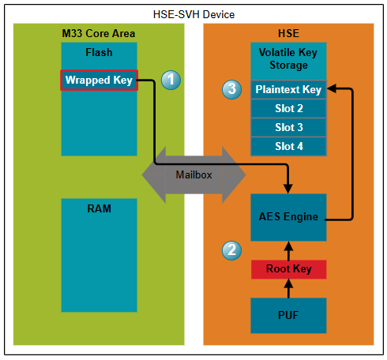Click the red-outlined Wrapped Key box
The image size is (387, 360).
(99, 81)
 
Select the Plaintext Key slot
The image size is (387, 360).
(288, 89)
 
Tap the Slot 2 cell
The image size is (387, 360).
(288, 108)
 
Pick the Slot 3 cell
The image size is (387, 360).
(288, 127)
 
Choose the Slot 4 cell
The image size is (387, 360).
(288, 146)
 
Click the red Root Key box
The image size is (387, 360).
(288, 269)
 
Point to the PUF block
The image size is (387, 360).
(288, 316)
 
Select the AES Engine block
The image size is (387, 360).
(288, 217)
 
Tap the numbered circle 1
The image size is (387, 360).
(171, 80)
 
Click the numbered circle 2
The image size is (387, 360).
(231, 250)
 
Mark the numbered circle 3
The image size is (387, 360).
(231, 89)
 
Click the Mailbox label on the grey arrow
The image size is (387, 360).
(193, 174)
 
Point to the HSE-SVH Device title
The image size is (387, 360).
(193, 14)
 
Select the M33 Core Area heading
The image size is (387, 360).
(99, 33)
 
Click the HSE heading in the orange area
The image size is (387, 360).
(288, 33)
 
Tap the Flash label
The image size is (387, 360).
(99, 52)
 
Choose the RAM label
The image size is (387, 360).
(99, 208)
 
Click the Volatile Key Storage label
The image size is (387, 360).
(288, 58)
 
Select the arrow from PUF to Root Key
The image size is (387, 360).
(288, 288)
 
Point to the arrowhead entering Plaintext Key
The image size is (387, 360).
(331, 88)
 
